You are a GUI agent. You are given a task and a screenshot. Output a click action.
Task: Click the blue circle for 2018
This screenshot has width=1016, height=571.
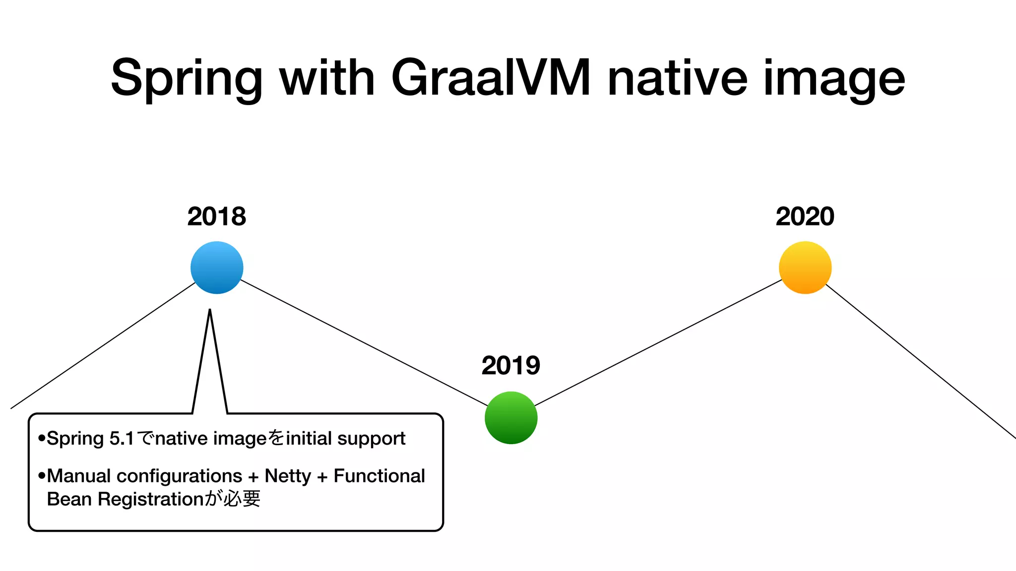[x=217, y=268]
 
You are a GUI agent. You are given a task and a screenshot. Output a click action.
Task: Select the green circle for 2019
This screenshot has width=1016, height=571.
[x=511, y=417]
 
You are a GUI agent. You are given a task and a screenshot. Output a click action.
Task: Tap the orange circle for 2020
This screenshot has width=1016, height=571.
[x=805, y=268]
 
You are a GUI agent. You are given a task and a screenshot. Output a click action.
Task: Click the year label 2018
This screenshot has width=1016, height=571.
[x=217, y=217]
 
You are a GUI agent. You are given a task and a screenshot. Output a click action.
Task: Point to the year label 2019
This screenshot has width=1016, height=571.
[x=511, y=366]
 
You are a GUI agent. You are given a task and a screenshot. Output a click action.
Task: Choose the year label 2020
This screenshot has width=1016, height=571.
[x=805, y=217]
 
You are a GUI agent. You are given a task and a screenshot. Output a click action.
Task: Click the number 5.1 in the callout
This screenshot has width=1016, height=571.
[x=122, y=439]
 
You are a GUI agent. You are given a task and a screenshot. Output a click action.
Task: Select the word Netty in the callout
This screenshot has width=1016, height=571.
[x=288, y=476]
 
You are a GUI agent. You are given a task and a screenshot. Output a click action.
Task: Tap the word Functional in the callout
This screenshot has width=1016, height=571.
[x=379, y=476]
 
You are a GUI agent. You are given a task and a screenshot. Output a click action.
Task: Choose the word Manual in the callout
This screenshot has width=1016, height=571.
[x=79, y=476]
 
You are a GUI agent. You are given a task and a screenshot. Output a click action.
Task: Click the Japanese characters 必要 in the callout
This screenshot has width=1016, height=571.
[x=242, y=499]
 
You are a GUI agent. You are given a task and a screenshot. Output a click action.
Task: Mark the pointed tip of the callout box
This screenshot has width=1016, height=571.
[x=210, y=311]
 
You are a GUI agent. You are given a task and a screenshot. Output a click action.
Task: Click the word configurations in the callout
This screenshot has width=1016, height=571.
[x=179, y=476]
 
